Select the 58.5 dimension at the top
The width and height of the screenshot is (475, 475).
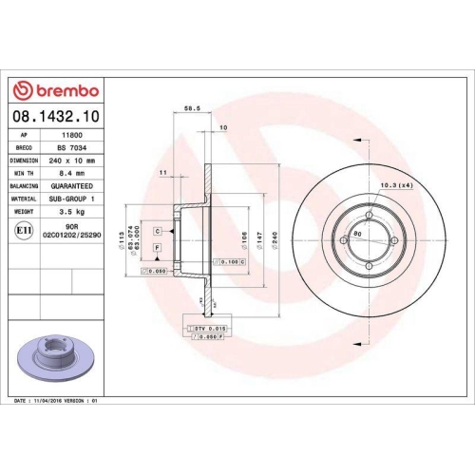(x=190, y=109)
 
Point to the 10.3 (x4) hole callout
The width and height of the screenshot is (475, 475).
(x=393, y=184)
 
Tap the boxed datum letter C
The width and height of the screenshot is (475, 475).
(x=156, y=230)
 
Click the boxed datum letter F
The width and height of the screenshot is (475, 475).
(x=156, y=247)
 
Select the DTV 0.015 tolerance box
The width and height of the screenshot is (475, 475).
(x=208, y=326)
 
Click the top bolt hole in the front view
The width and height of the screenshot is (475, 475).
(x=369, y=214)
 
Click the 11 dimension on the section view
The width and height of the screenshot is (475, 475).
(x=163, y=172)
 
